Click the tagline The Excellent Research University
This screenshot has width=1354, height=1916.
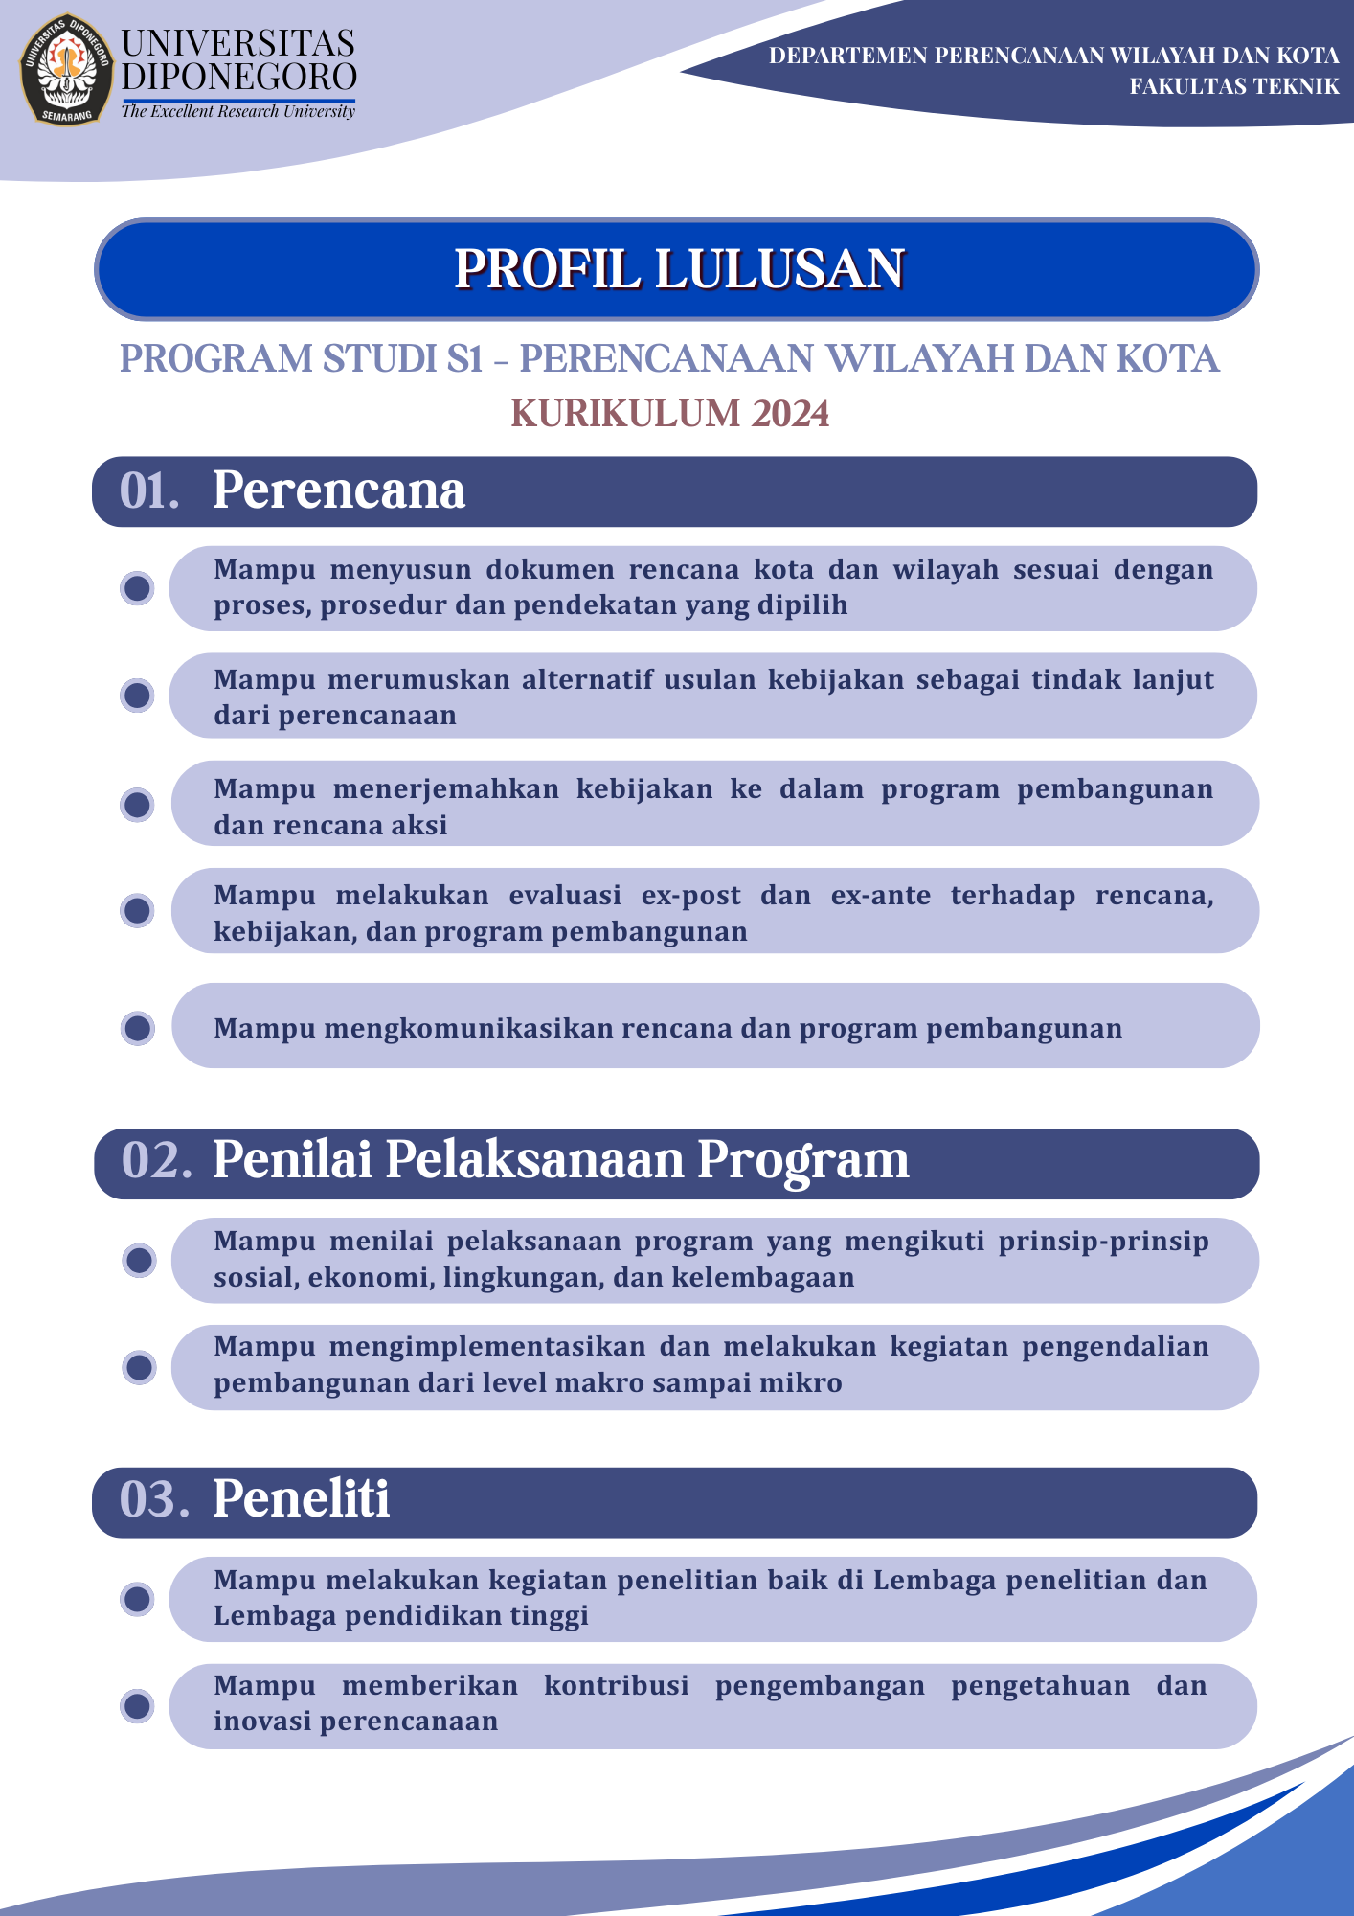click(x=237, y=112)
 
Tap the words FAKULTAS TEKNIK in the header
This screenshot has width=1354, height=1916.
click(x=1233, y=87)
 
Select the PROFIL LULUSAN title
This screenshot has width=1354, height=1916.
click(x=678, y=269)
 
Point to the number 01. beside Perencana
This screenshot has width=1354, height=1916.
click(x=149, y=490)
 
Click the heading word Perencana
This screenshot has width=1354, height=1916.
click(x=338, y=490)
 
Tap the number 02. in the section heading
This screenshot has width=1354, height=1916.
click(x=156, y=1160)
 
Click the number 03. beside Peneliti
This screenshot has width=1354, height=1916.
click(x=153, y=1499)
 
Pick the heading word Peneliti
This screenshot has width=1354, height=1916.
click(x=301, y=1499)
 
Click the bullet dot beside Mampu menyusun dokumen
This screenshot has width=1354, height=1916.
click(x=138, y=588)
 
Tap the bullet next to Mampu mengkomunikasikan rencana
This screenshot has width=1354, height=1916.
click(x=138, y=1028)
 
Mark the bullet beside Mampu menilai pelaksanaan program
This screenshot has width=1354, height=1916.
click(x=140, y=1261)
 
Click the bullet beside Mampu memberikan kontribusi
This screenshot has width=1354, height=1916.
click(x=138, y=1706)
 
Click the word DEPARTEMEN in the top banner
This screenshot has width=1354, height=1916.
click(x=847, y=56)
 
